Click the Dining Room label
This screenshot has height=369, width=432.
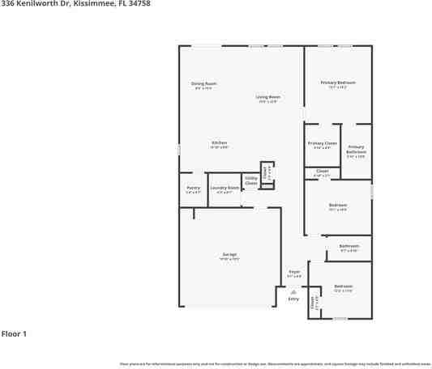(x=203, y=83)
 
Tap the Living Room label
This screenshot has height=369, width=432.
(x=267, y=97)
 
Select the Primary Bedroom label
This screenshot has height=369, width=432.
(x=337, y=83)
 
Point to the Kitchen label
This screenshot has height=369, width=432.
(x=219, y=143)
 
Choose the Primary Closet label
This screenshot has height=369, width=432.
(x=322, y=143)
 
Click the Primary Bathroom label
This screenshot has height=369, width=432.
(x=356, y=149)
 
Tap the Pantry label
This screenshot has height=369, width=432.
(x=193, y=188)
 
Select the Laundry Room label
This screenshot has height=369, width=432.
(x=224, y=188)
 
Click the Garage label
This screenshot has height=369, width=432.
(x=229, y=254)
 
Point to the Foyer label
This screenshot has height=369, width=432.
(x=294, y=271)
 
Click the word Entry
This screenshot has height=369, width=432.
(x=293, y=299)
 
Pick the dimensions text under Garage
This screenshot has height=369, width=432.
(x=229, y=259)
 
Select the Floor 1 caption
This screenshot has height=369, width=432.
(x=14, y=333)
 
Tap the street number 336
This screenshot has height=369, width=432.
(x=6, y=4)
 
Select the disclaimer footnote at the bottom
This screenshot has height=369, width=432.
(x=275, y=363)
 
